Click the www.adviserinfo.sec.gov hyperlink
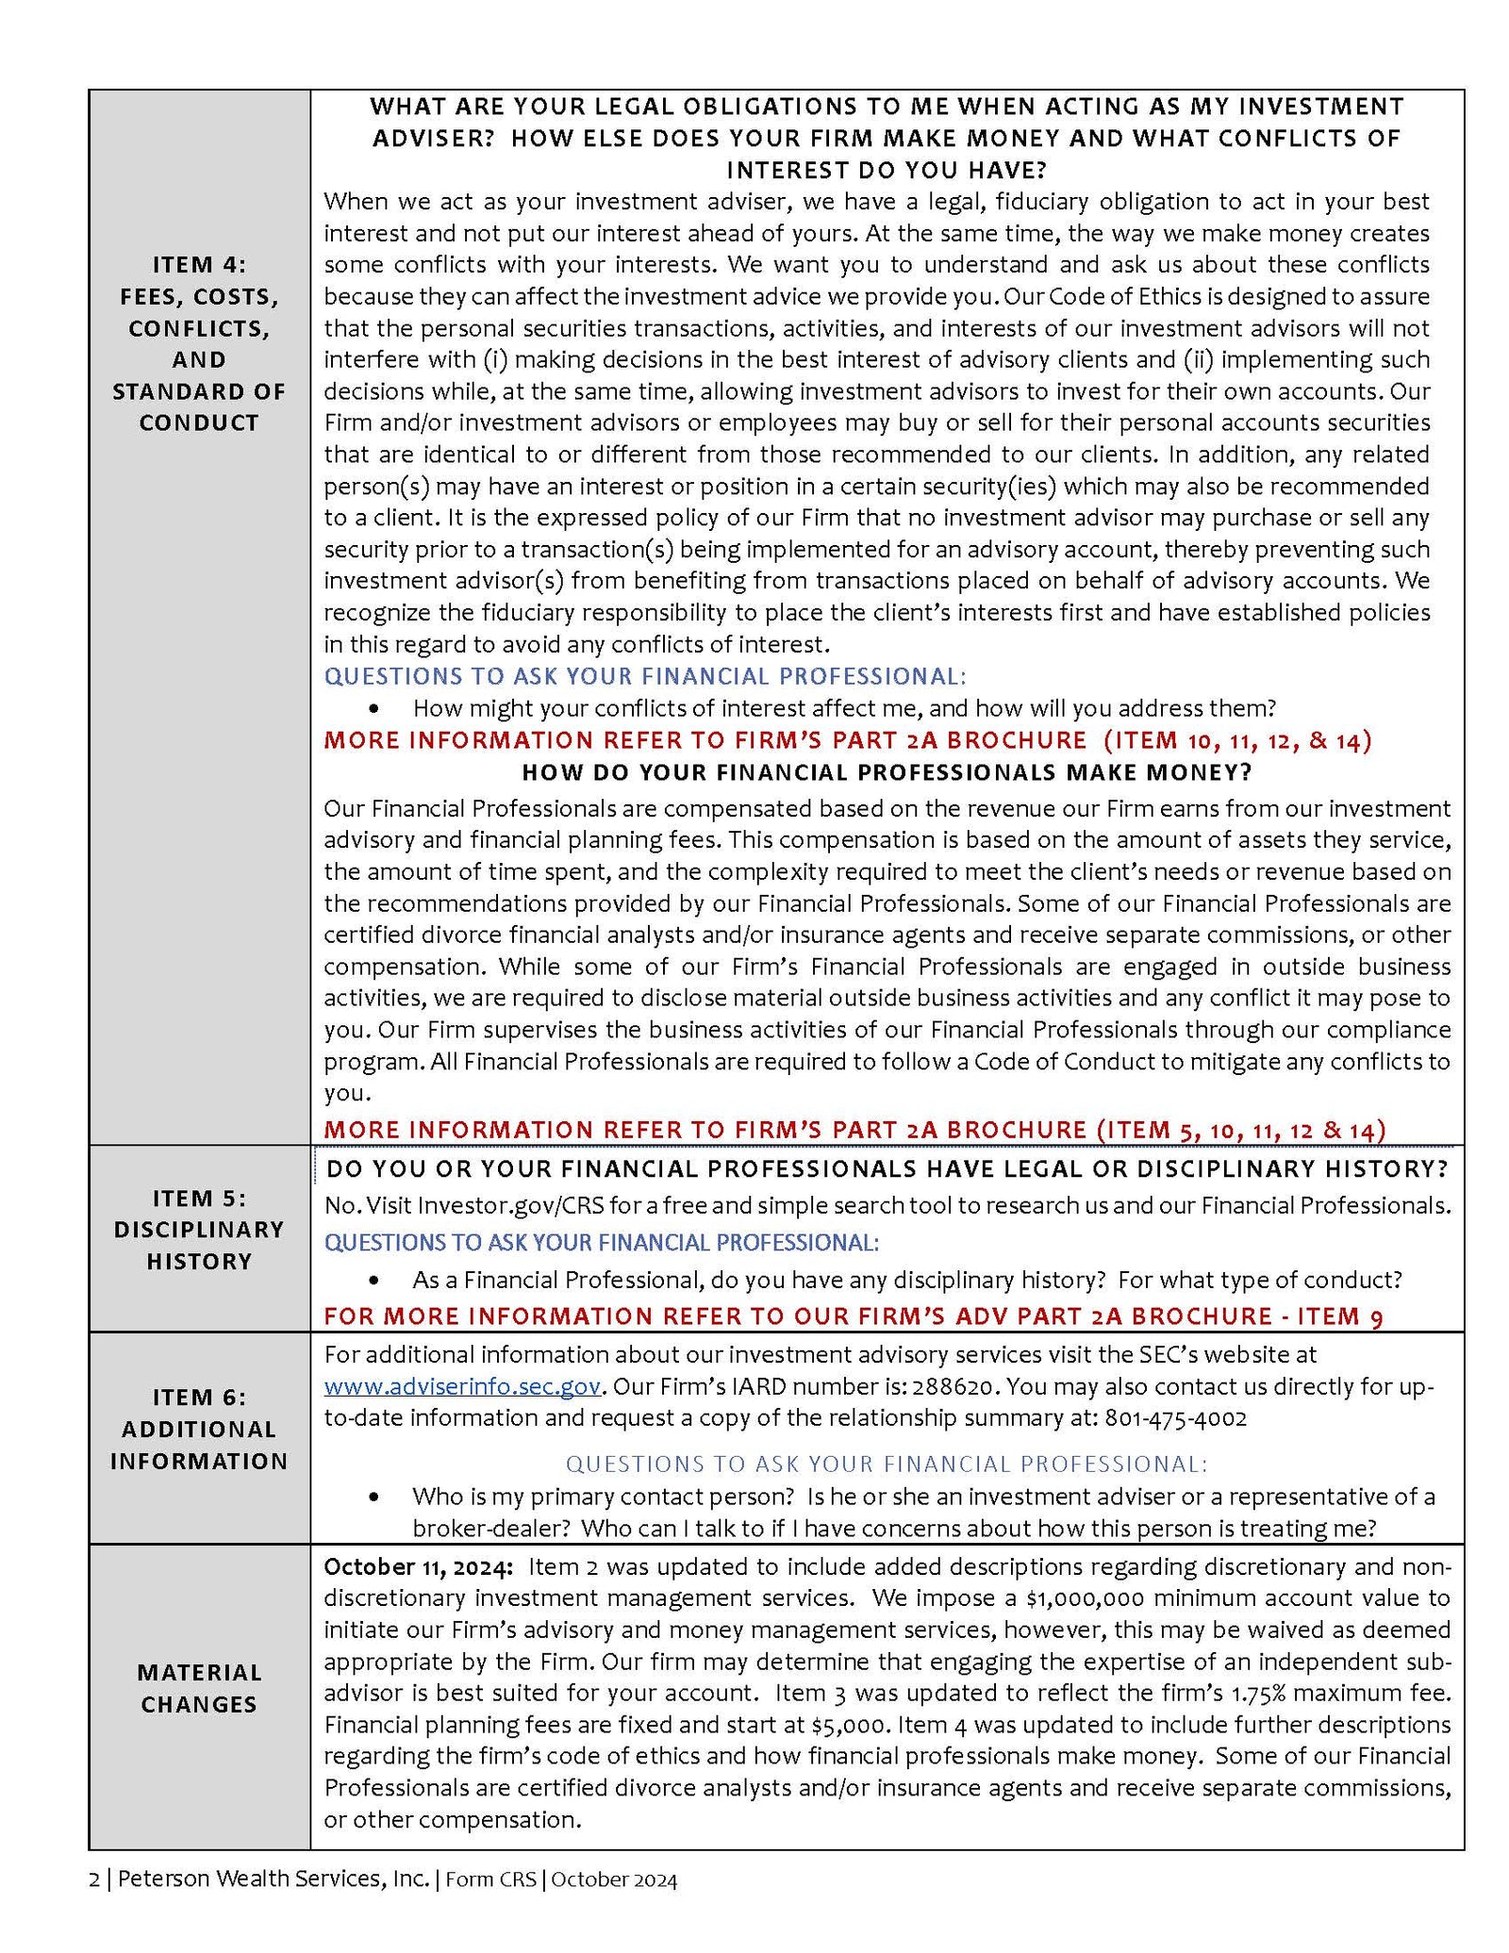pyautogui.click(x=462, y=1386)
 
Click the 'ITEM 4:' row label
pyautogui.click(x=199, y=265)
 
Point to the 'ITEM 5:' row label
pyautogui.click(x=199, y=1198)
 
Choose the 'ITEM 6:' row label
pyautogui.click(x=199, y=1397)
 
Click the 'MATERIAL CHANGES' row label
pyautogui.click(x=199, y=1688)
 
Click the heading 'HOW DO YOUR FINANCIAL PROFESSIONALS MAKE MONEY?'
pyautogui.click(x=887, y=772)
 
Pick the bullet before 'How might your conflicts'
pyautogui.click(x=376, y=707)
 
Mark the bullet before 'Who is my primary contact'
pyautogui.click(x=376, y=1497)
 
